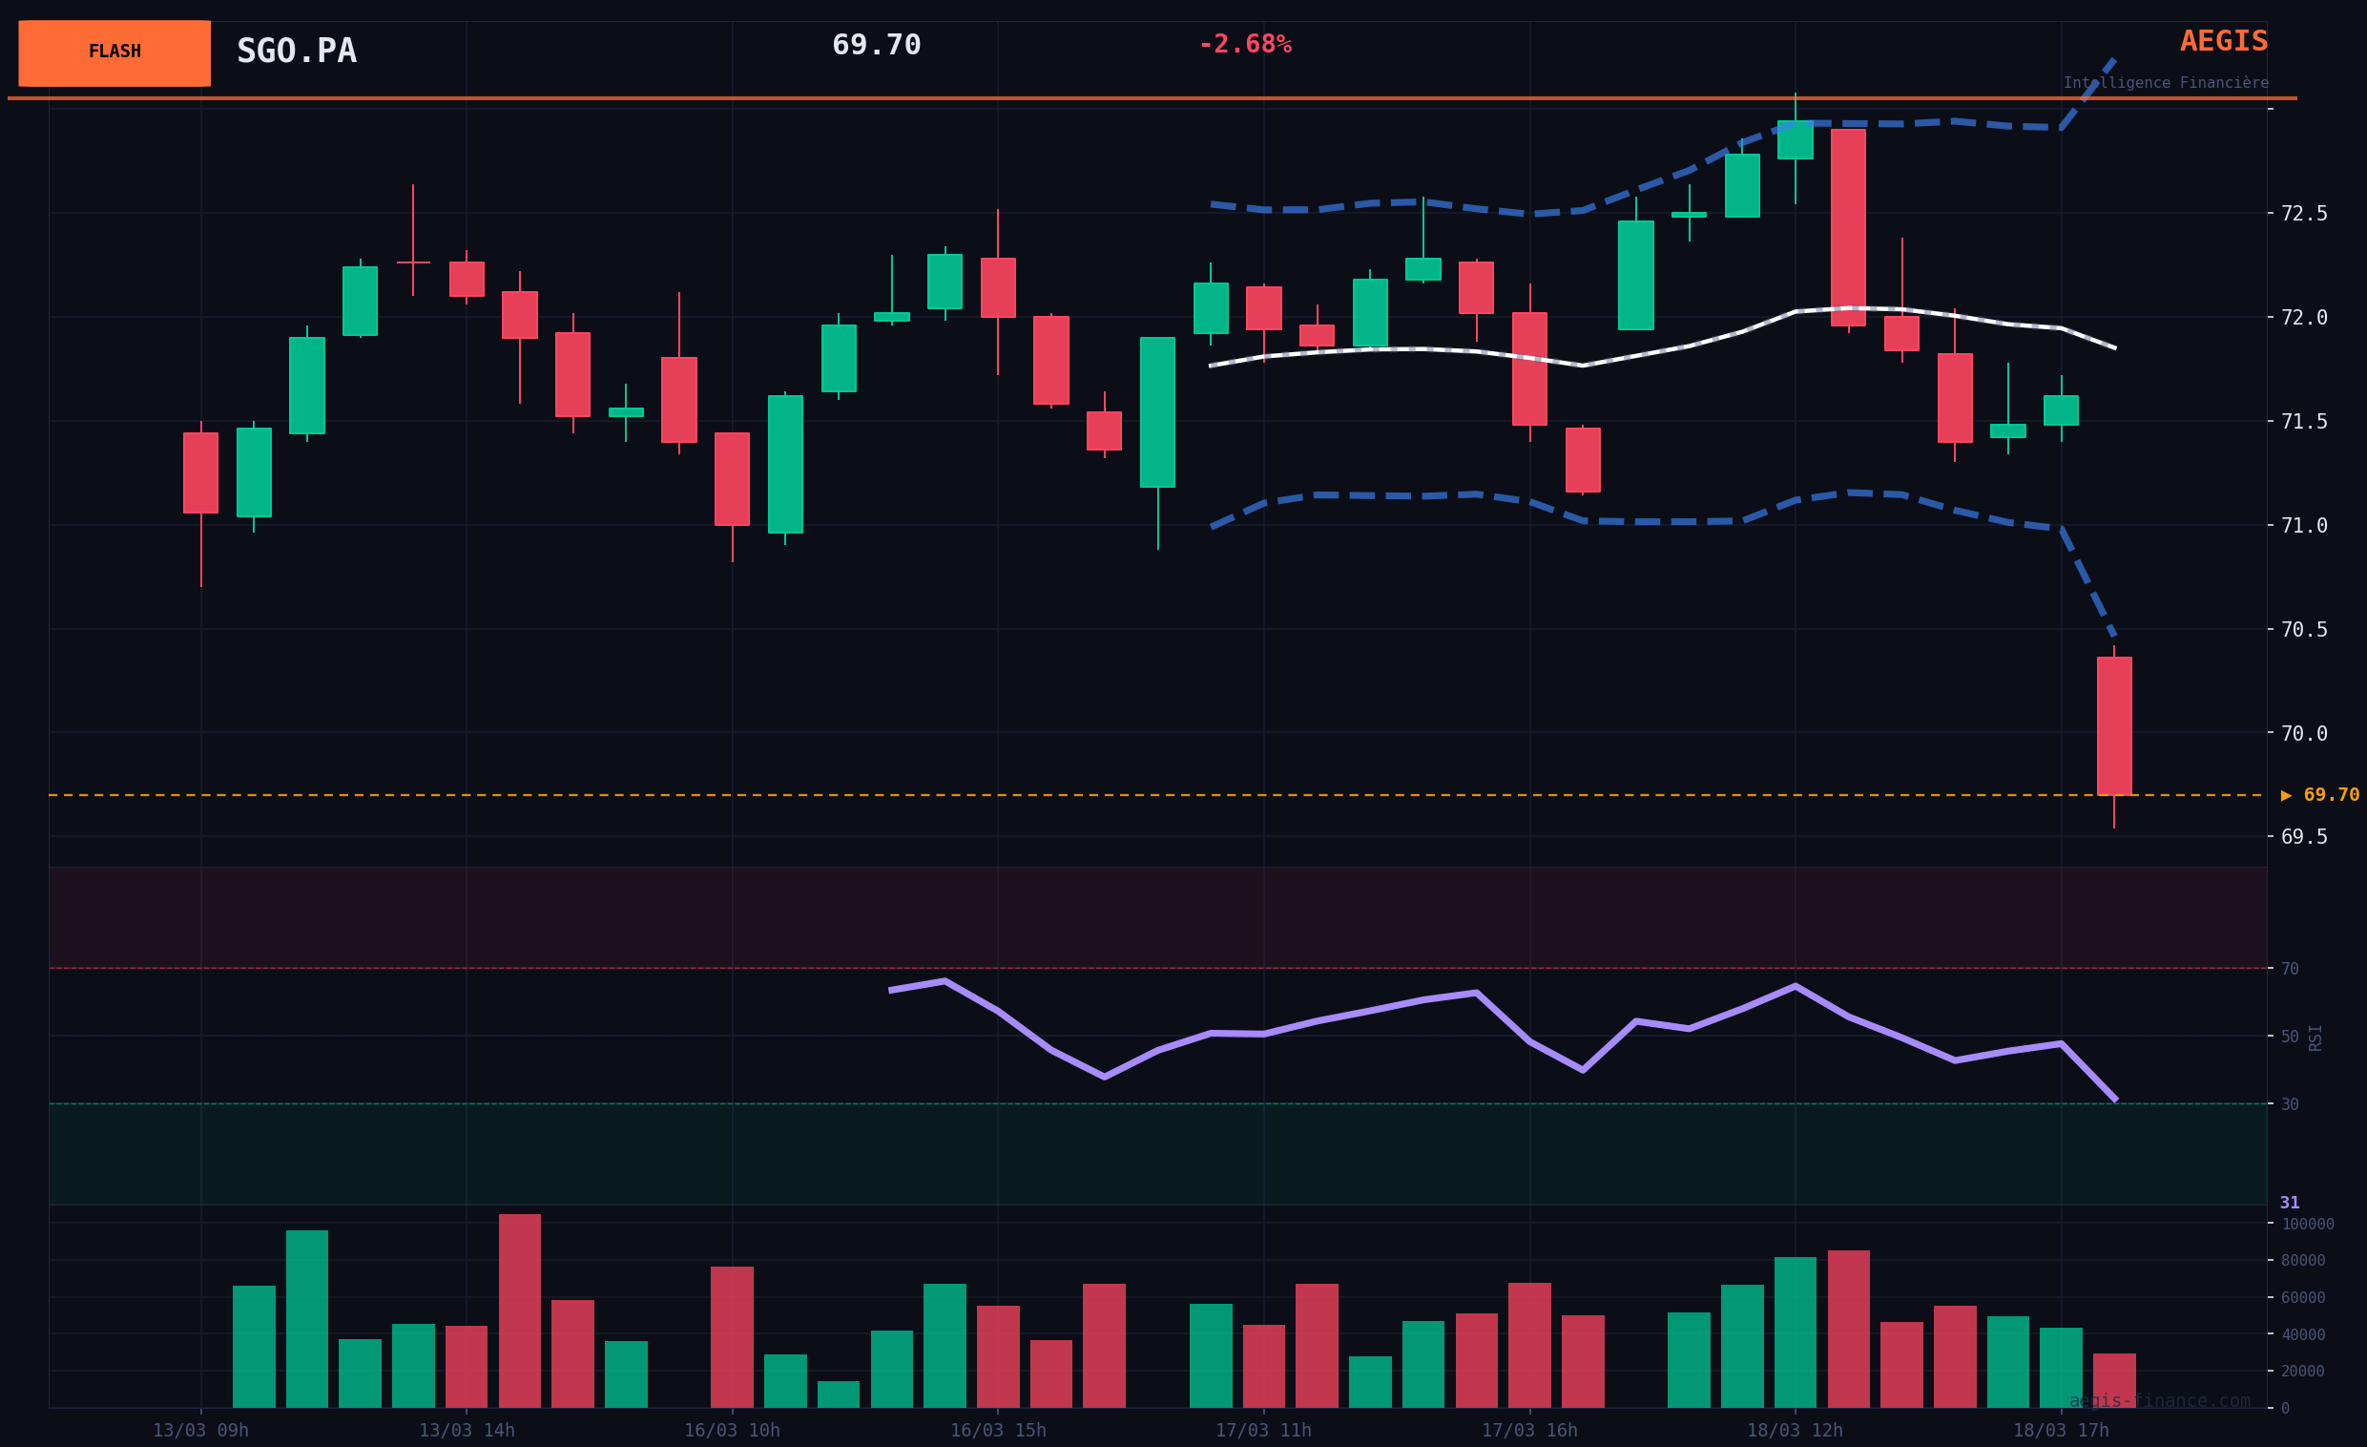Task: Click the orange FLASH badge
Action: coord(114,52)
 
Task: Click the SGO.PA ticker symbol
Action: coord(296,52)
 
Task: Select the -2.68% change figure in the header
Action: coord(1244,45)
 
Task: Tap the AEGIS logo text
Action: coord(2223,41)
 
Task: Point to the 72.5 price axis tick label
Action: coord(2304,213)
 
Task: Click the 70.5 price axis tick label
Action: coord(2304,629)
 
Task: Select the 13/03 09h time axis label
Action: coord(199,1431)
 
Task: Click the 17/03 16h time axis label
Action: coord(1528,1431)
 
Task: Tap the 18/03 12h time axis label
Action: coord(1795,1431)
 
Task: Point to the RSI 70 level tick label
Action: coord(2290,969)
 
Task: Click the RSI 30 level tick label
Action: coord(2290,1105)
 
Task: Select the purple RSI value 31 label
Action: coord(2290,1203)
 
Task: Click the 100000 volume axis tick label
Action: coord(2308,1224)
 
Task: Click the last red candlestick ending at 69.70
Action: coord(2114,725)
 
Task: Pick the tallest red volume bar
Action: coord(520,1311)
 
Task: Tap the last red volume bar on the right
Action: coord(2114,1380)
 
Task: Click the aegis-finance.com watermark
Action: coord(2160,1401)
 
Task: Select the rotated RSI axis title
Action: coord(2315,1038)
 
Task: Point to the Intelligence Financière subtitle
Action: coord(2166,84)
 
